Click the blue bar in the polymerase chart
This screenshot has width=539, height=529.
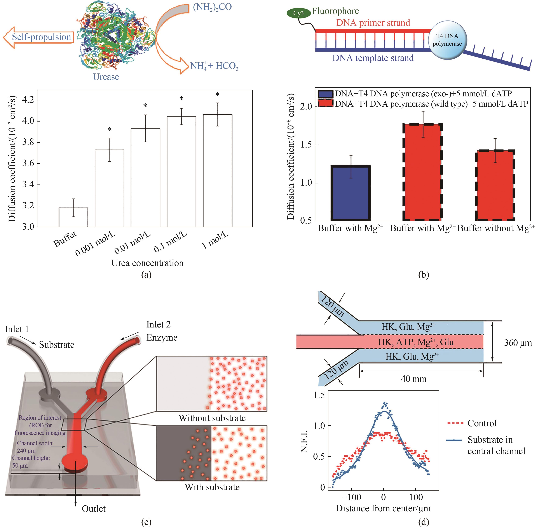[351, 193]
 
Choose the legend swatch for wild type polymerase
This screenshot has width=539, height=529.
[326, 104]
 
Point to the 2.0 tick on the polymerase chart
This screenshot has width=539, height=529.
[306, 106]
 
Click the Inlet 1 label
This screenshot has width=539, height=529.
[17, 329]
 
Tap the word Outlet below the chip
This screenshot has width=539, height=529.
[94, 509]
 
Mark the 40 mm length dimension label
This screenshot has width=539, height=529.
[413, 379]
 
